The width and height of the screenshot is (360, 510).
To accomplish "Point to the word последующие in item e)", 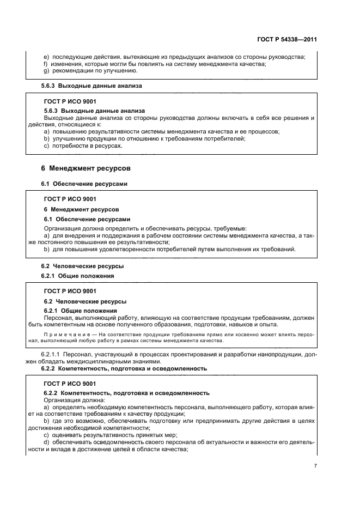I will pos(69,57).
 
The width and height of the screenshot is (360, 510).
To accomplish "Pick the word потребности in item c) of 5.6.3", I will pos(69,146).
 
